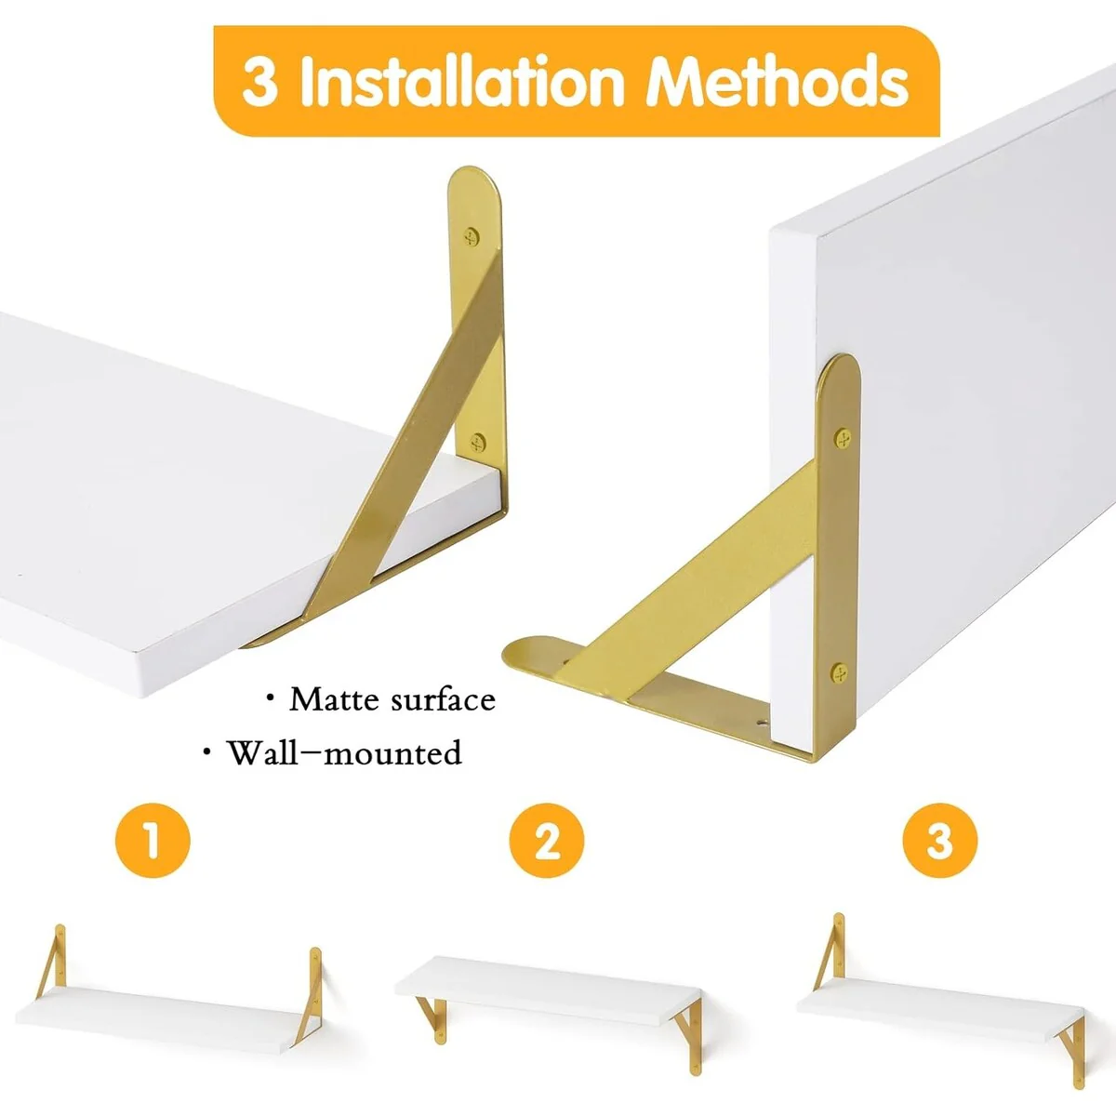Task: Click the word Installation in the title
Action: coord(462,82)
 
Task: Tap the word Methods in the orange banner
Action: coord(777,82)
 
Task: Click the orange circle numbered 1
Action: coord(153,841)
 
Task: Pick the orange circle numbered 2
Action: coord(547,841)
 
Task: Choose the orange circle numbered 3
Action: coord(940,841)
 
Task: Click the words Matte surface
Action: coord(392,700)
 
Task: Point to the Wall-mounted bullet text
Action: coord(345,753)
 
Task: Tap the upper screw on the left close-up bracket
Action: coord(472,236)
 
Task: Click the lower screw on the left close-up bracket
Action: coord(477,443)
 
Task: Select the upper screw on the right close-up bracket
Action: coord(844,437)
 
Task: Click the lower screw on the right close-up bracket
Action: coord(839,673)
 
